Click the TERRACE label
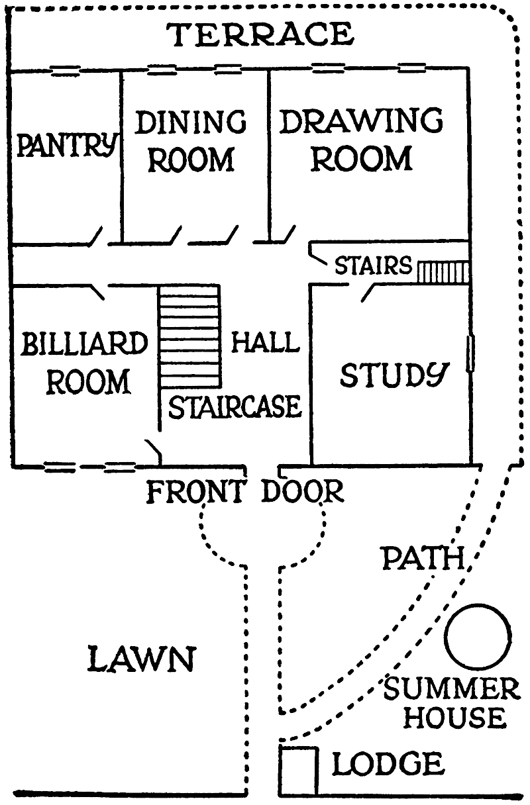(260, 34)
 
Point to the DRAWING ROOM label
(361, 140)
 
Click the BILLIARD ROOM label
(84, 363)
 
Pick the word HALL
(265, 343)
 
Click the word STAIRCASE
(235, 407)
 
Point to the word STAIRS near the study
(373, 266)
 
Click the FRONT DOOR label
(245, 492)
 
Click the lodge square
(298, 769)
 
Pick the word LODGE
(388, 765)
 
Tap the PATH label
(422, 559)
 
